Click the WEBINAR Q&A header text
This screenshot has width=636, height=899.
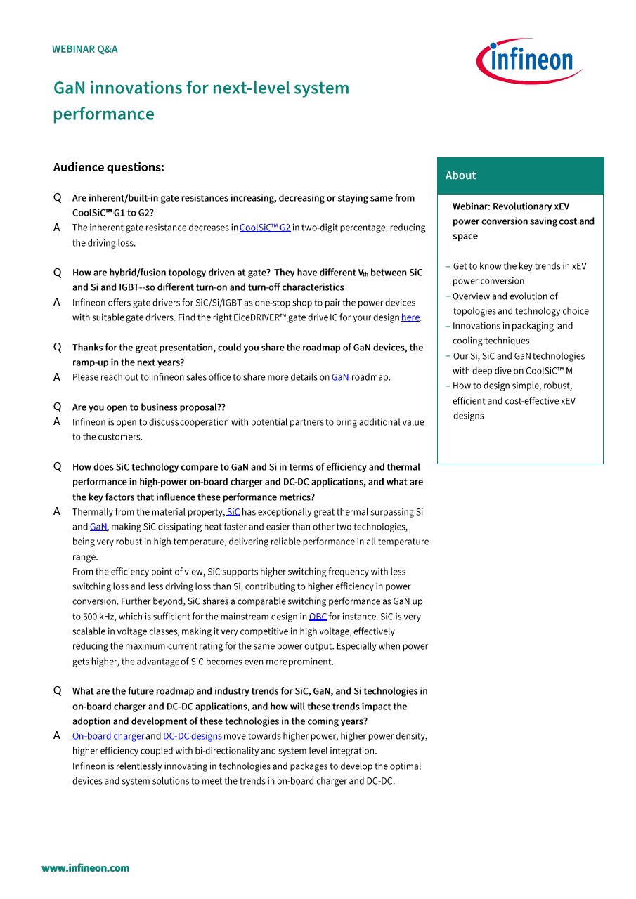[85, 49]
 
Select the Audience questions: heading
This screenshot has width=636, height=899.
[109, 167]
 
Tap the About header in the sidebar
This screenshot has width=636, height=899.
[461, 176]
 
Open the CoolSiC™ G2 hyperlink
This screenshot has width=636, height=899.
[265, 228]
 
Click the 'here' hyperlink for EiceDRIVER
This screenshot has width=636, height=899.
[410, 317]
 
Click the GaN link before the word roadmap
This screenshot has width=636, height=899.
[340, 377]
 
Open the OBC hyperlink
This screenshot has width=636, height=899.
[318, 617]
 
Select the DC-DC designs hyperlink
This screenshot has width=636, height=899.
[193, 736]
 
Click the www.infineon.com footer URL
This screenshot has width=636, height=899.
[86, 868]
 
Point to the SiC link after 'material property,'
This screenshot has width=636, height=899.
[233, 512]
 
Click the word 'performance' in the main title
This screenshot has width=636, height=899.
[103, 114]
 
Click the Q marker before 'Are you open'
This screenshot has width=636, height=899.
[58, 407]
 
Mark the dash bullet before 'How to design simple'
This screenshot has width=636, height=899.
[448, 386]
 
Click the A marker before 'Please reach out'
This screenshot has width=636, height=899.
[57, 377]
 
